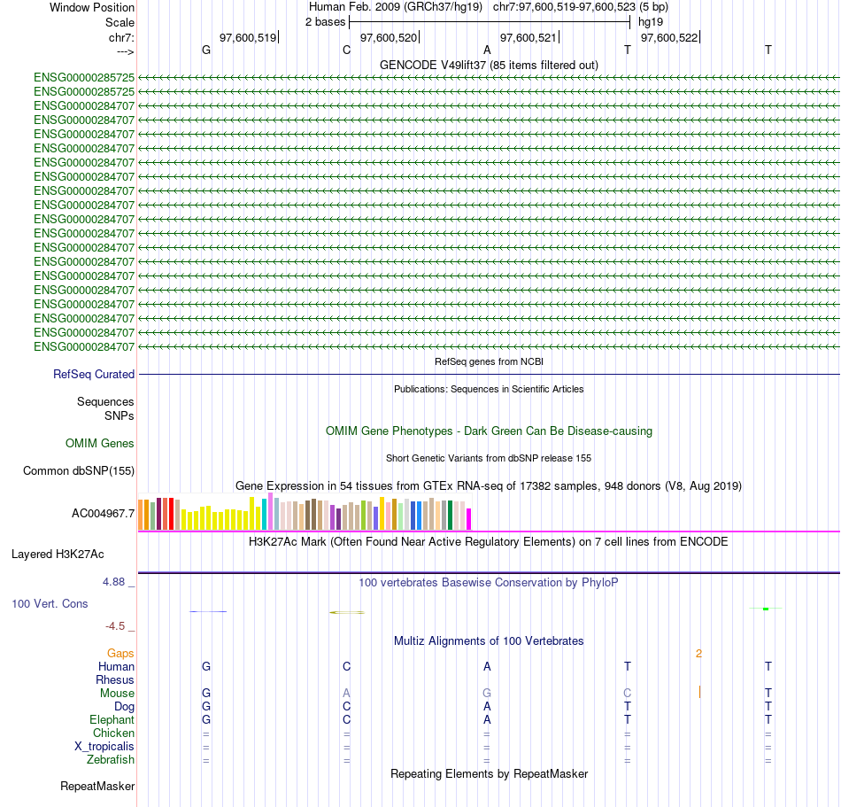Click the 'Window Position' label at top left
[92, 7]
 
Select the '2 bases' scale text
[325, 21]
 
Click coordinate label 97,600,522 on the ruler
[669, 37]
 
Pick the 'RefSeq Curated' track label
[94, 375]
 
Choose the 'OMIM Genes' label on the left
[100, 443]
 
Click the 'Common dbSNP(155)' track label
[79, 471]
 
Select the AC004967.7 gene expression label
[104, 513]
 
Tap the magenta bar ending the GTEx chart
[469, 519]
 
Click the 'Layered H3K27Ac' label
[58, 555]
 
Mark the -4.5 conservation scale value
[120, 626]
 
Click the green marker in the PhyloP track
[766, 609]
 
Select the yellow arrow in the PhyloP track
[346, 612]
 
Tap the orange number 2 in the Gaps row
[698, 654]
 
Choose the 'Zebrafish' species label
[111, 760]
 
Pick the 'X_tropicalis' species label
[104, 747]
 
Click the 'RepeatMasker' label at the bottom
[97, 787]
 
